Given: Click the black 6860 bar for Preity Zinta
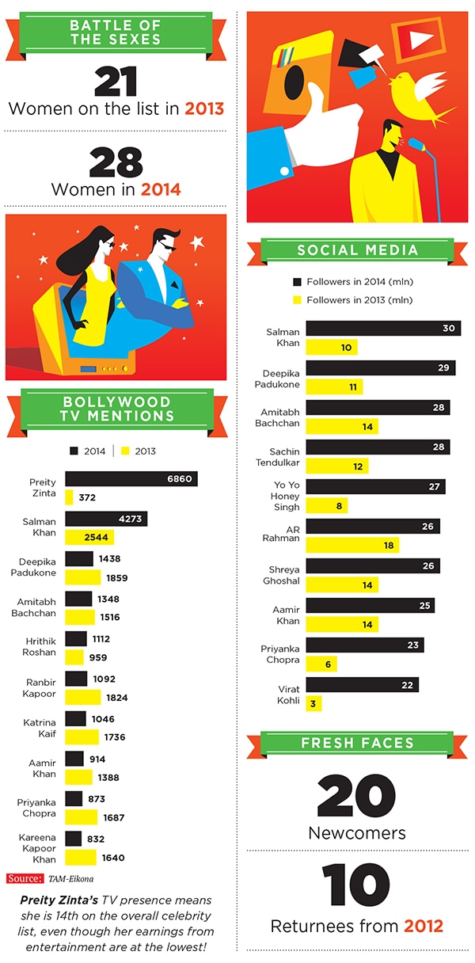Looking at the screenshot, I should pos(131,479).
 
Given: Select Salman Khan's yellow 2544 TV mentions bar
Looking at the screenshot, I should pos(89,537).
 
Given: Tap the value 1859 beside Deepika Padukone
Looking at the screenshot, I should pos(116,577).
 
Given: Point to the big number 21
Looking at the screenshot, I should pos(116,82).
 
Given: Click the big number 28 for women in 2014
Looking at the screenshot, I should pos(116,162).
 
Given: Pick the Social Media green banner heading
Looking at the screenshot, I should pos(358,251).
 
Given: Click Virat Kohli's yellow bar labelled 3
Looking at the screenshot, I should pos(313,702).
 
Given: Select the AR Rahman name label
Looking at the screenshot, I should pos(283,532).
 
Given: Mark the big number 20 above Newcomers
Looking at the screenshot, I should pos(356,796).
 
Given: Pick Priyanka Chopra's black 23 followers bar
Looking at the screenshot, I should pos(364,645).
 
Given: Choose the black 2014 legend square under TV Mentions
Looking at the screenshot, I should pos(74,451).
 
